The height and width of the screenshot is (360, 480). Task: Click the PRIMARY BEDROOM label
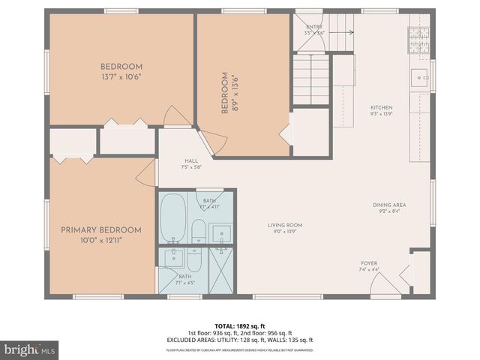click(x=101, y=229)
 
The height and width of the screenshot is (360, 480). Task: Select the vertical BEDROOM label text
click(x=223, y=93)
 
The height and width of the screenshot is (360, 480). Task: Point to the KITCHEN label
click(x=381, y=108)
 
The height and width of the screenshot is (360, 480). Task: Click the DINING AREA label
click(x=389, y=205)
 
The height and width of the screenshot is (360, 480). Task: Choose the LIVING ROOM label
click(x=284, y=225)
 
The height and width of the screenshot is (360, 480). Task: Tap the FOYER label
click(x=369, y=263)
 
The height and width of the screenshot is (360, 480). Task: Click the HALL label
click(x=191, y=161)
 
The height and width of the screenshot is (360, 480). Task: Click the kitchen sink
click(x=419, y=75)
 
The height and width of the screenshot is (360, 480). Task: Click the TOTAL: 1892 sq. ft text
click(x=239, y=326)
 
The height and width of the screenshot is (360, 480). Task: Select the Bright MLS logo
click(x=30, y=349)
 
